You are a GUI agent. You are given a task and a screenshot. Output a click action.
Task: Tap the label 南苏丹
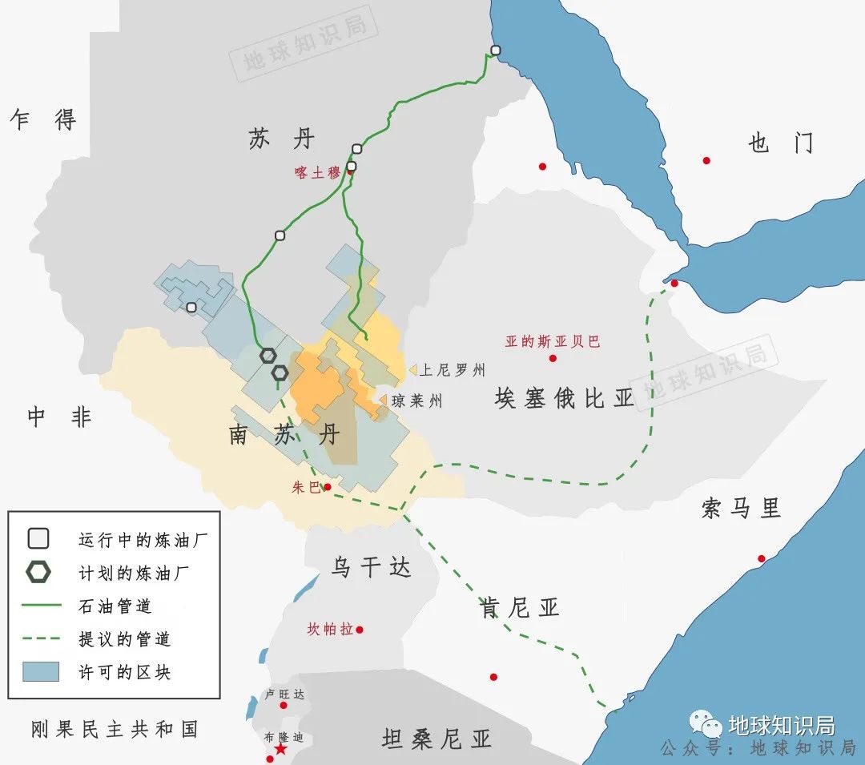tap(284, 437)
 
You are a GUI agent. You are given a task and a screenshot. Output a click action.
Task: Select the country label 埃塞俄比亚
tap(564, 398)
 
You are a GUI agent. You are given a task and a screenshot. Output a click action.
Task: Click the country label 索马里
tap(741, 508)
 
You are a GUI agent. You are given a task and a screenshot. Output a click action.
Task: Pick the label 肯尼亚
tap(519, 608)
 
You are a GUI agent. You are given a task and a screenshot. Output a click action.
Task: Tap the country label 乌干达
tap(371, 568)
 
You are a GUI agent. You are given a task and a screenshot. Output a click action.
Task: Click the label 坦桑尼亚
tap(437, 739)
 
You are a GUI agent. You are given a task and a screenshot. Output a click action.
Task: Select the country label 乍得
tap(43, 120)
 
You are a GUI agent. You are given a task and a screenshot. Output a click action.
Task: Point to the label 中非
tap(60, 417)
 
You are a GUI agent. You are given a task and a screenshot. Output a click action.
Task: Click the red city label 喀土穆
tap(317, 172)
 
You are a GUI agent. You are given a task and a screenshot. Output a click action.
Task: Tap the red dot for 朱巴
tap(328, 486)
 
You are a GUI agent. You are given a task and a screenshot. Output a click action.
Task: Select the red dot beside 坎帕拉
tap(360, 630)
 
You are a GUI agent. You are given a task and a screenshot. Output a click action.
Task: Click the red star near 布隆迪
tap(280, 749)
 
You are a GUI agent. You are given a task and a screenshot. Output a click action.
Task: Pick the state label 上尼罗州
tap(453, 370)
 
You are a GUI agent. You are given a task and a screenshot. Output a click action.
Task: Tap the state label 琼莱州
tap(416, 401)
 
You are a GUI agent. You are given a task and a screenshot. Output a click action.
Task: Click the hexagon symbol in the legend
tap(38, 572)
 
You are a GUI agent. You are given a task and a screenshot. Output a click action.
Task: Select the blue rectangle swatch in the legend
tap(40, 671)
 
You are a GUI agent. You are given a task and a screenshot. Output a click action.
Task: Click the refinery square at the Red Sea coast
tap(496, 50)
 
